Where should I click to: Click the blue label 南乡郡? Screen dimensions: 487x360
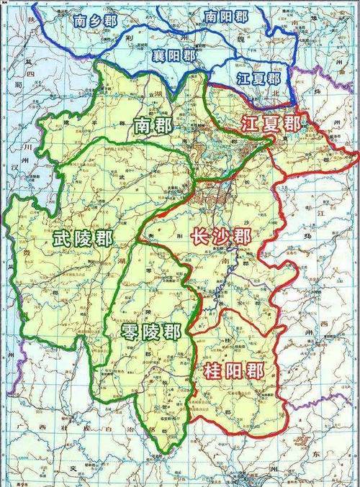click(x=100, y=21)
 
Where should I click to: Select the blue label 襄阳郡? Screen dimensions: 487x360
click(x=174, y=55)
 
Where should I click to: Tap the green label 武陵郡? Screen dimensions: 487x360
click(x=82, y=238)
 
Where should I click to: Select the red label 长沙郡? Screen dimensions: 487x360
click(x=221, y=235)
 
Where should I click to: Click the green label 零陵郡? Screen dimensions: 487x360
click(x=151, y=332)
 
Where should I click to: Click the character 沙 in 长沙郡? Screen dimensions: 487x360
click(x=221, y=235)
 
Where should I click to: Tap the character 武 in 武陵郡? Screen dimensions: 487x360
click(x=61, y=238)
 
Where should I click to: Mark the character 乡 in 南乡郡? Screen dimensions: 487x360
click(x=100, y=21)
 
